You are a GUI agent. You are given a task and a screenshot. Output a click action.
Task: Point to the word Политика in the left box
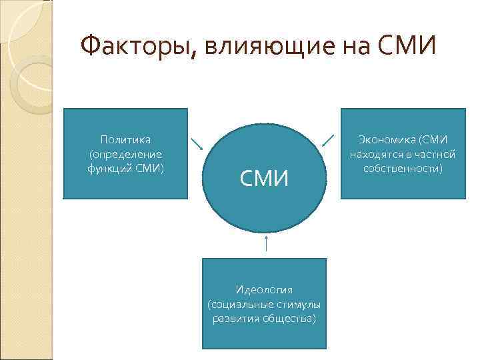tap(125, 139)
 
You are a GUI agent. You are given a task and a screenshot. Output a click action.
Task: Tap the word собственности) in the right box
tap(403, 167)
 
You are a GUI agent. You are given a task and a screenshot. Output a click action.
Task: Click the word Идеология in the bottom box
tap(264, 289)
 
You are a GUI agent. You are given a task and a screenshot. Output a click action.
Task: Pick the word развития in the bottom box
tap(234, 318)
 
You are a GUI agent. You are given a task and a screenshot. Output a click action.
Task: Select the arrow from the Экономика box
tap(328, 139)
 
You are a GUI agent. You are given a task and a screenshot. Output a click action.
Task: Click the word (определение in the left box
tap(125, 153)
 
